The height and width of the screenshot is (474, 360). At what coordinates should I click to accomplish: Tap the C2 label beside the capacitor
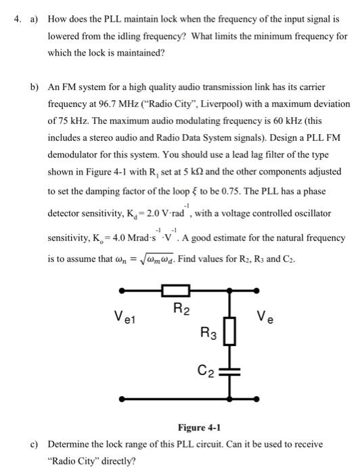pos(206,370)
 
